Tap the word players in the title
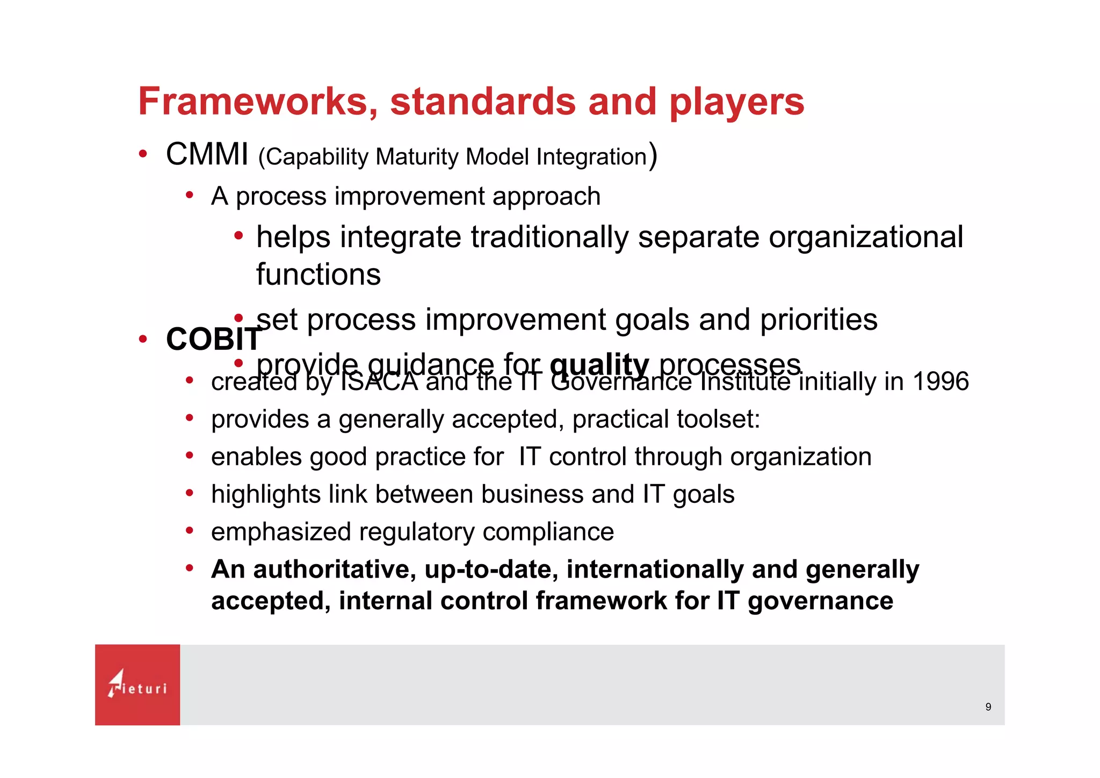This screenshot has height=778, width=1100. coord(736,102)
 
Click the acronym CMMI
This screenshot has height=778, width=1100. coord(207,154)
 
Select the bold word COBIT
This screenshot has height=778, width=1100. coord(213,340)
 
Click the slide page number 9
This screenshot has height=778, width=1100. coord(988,707)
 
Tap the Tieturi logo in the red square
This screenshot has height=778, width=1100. coord(137,685)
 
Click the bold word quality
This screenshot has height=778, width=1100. coord(599,365)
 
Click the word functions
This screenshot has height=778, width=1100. coord(318,275)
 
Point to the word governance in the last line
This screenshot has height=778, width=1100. coord(820,602)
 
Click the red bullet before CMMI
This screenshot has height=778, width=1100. coord(143,154)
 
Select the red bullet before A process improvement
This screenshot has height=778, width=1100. coord(189,195)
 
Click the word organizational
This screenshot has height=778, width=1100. coord(866,237)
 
